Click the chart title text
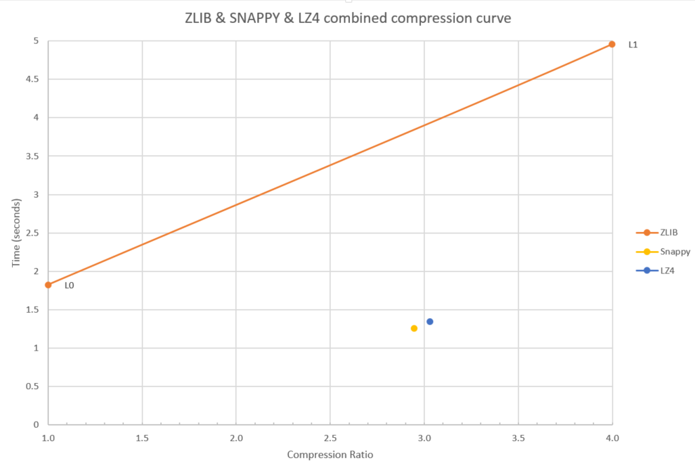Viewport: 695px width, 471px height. [347, 18]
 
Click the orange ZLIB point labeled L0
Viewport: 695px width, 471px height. [48, 285]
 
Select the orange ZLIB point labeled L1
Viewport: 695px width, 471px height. [612, 44]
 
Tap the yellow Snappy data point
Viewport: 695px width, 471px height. [414, 328]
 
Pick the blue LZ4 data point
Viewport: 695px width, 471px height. [430, 321]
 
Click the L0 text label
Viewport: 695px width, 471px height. [69, 286]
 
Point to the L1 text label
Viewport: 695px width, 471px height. [633, 45]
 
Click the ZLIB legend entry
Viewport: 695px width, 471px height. [669, 232]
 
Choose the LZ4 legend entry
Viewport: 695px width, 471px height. [667, 271]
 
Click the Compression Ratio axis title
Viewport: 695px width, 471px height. [330, 455]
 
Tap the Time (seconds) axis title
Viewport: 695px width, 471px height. [17, 233]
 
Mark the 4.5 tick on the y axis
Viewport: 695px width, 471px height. [32, 79]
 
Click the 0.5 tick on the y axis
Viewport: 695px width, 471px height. [32, 387]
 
